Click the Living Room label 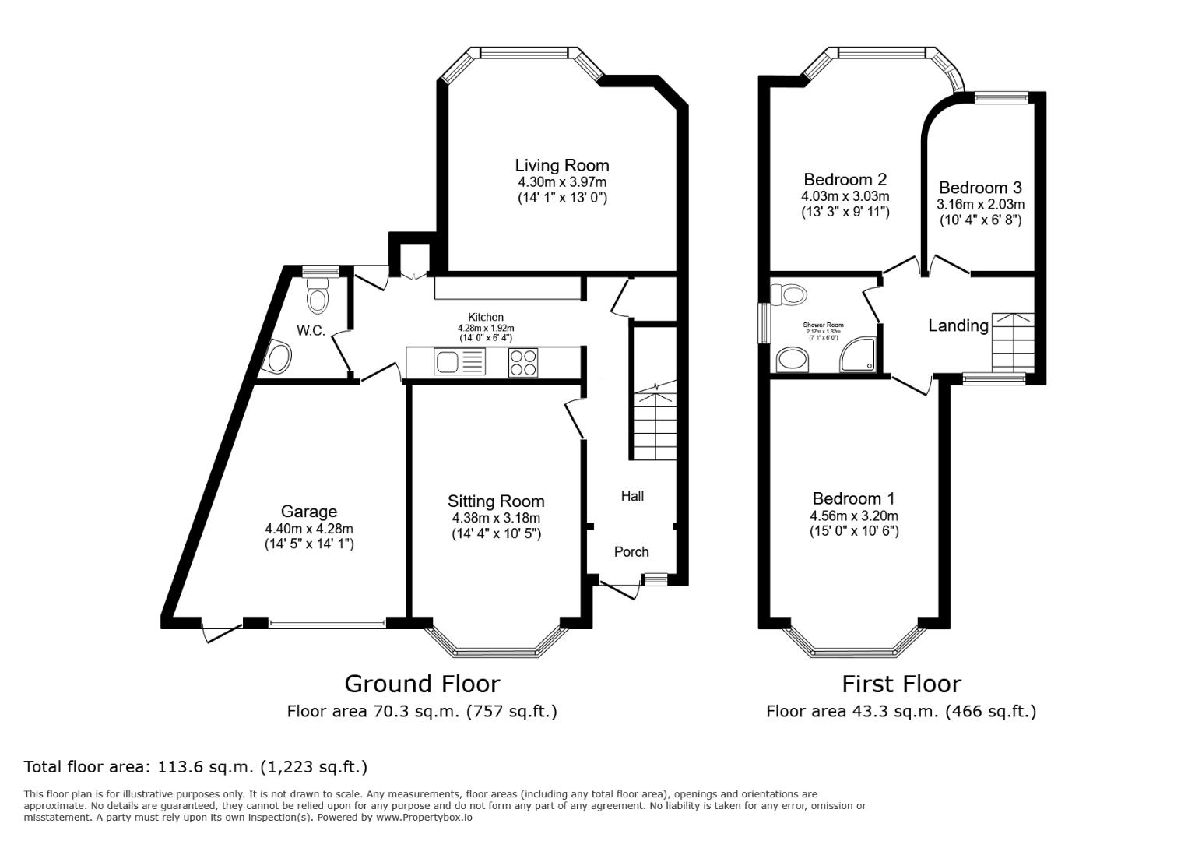click(x=561, y=165)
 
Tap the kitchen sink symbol click(x=448, y=362)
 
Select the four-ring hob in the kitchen click(x=522, y=363)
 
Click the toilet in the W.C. click(x=317, y=297)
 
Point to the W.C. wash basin click(x=278, y=358)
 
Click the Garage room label click(x=309, y=512)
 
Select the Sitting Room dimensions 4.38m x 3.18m click(x=496, y=518)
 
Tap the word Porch click(x=631, y=551)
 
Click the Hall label click(x=632, y=496)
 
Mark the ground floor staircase click(x=655, y=424)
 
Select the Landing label click(x=958, y=325)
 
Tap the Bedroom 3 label click(x=980, y=188)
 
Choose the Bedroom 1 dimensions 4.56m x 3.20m click(x=854, y=516)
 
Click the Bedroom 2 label click(x=845, y=180)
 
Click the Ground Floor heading click(x=422, y=684)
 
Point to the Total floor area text click(x=195, y=766)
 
